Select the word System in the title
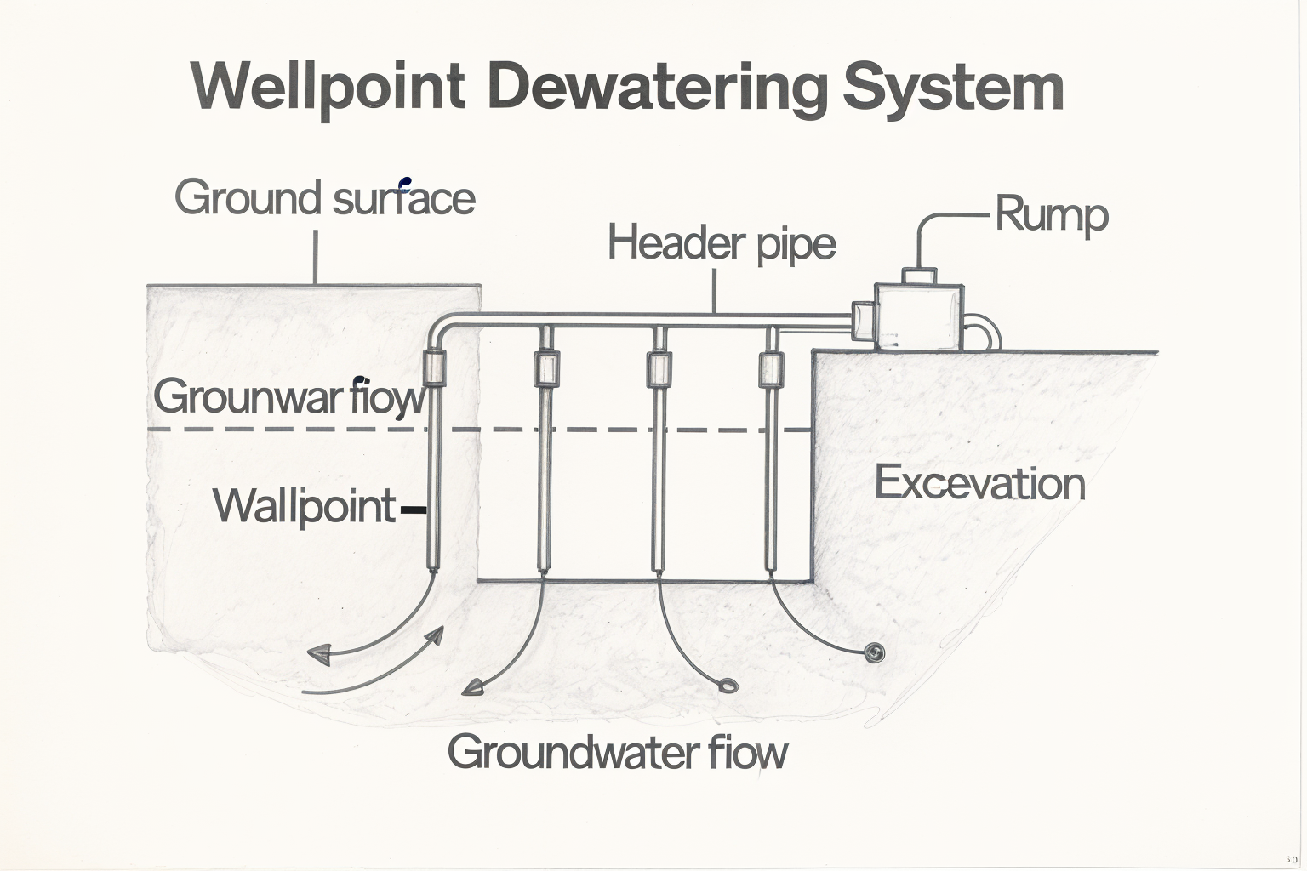[954, 87]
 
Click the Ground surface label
[324, 198]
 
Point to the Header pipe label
[722, 243]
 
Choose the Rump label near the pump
[1052, 214]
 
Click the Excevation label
[979, 483]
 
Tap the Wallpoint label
[304, 506]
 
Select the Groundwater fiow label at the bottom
[617, 752]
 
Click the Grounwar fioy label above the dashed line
[288, 396]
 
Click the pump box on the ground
[919, 316]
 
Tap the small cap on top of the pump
[919, 276]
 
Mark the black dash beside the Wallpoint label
[412, 510]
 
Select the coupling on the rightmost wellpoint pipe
[770, 368]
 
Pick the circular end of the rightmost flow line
[874, 652]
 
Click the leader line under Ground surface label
[316, 255]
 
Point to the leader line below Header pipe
[715, 292]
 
